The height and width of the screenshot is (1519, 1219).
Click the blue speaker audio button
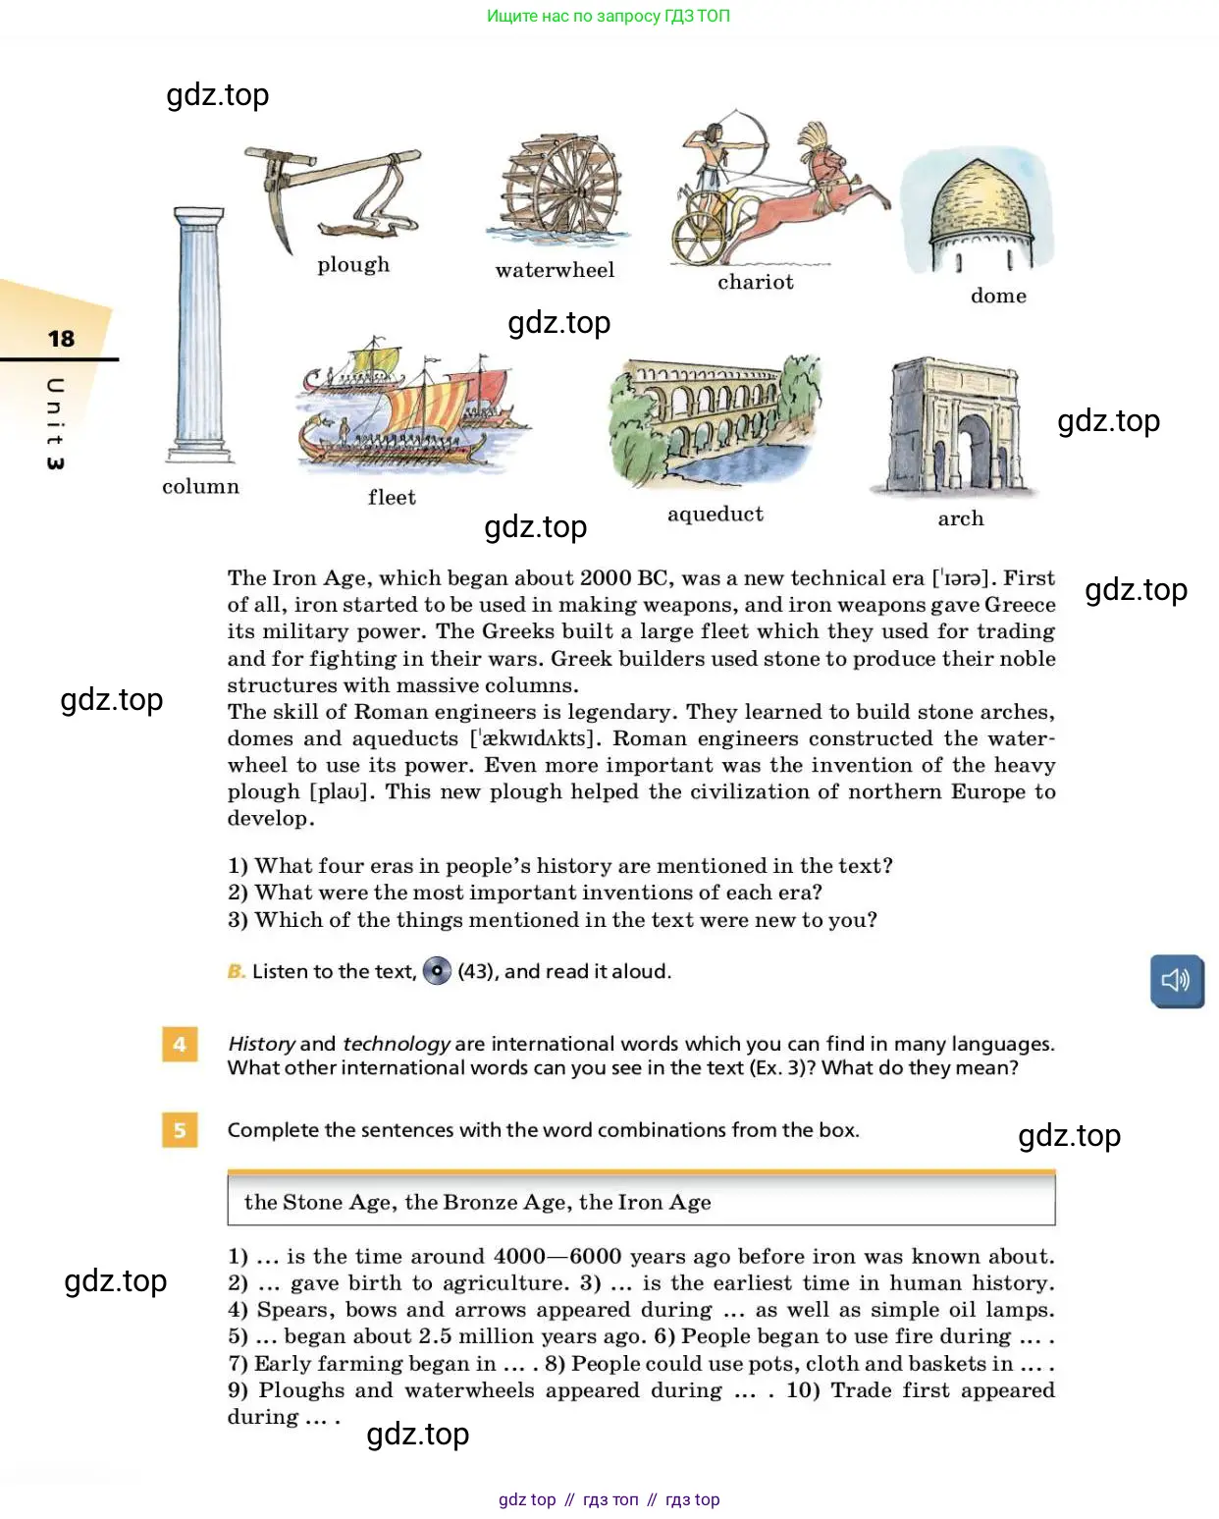1176,980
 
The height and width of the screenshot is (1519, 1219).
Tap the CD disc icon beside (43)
437,971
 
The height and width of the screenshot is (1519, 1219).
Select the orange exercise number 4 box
180,1044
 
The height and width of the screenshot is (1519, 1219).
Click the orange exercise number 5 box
180,1130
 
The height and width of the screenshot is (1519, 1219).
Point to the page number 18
61,339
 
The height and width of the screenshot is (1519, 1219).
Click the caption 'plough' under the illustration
353,265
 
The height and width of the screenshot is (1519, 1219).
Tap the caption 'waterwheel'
555,270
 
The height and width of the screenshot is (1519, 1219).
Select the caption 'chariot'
755,283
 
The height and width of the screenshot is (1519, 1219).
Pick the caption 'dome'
998,296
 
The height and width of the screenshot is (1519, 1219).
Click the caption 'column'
200,487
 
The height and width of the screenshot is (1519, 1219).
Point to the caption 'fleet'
392,498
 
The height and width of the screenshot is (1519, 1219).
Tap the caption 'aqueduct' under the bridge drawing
715,515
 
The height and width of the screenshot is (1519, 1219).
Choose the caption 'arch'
960,518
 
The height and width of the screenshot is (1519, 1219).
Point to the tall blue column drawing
200,334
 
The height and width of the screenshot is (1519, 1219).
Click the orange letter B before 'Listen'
236,971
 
